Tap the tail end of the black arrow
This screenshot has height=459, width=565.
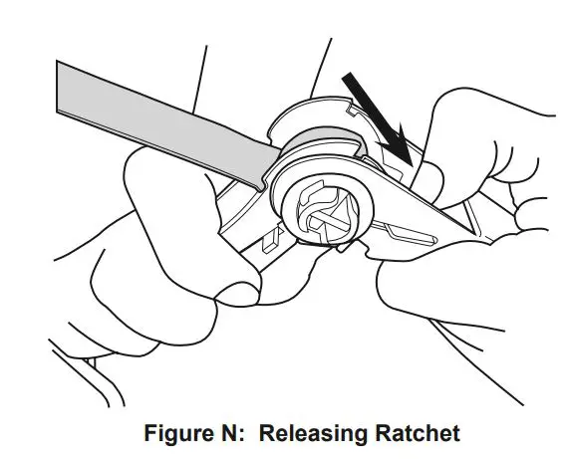tap(348, 77)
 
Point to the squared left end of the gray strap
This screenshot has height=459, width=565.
tap(58, 87)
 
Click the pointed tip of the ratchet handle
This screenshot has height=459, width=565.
tap(475, 233)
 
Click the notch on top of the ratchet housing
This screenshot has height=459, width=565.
tap(353, 110)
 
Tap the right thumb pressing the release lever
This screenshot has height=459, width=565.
tap(427, 183)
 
